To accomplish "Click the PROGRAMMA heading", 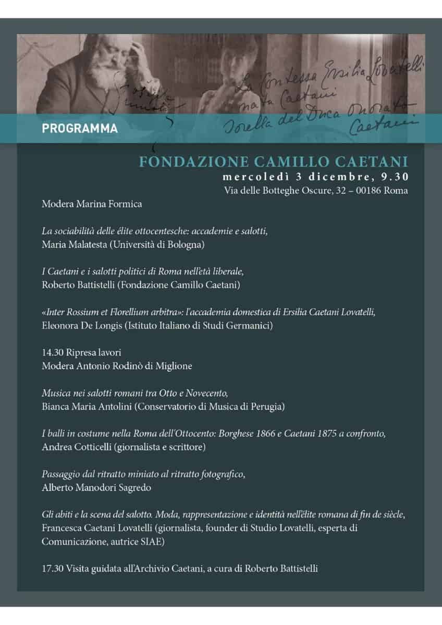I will (79, 128).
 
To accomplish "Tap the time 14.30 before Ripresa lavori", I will (51, 353).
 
